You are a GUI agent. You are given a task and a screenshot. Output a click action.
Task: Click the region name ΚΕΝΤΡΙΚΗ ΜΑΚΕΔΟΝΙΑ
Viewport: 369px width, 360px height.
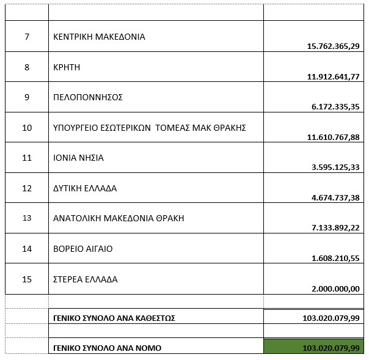(x=100, y=37)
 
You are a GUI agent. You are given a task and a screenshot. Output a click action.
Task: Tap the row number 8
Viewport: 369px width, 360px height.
(x=27, y=67)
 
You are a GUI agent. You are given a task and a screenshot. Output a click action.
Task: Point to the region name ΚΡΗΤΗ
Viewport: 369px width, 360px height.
(x=67, y=67)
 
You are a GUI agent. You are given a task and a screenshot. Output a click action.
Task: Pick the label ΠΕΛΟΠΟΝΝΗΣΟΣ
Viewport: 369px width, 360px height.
(x=89, y=97)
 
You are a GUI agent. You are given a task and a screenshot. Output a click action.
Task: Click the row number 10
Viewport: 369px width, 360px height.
(x=27, y=128)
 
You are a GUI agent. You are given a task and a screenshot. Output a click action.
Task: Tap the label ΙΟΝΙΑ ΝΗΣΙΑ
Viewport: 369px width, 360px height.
(x=79, y=158)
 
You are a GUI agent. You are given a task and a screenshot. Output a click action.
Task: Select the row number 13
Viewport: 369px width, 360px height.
(x=27, y=218)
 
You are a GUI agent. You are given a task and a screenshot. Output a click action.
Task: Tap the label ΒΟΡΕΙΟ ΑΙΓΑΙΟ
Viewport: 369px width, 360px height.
(x=83, y=249)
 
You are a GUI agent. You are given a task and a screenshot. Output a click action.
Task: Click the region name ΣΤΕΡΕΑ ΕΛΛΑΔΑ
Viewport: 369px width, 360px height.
(x=86, y=279)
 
